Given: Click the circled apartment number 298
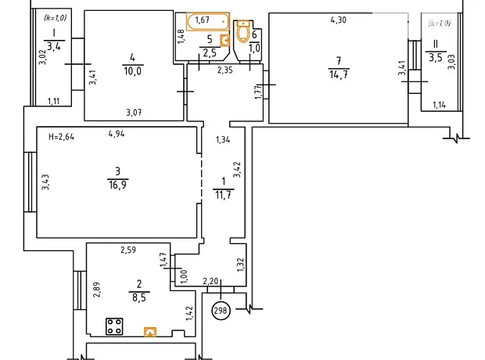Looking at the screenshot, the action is point(221,310).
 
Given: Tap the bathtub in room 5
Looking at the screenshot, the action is point(208,21).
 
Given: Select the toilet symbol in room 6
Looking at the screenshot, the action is point(243,31).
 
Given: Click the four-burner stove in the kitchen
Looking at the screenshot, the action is point(114,326).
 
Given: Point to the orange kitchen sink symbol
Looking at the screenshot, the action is point(150,332).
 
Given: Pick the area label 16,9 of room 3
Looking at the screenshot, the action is point(117,185).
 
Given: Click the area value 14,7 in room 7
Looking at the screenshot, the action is point(339,74).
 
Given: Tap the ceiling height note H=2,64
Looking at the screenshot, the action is point(62,136).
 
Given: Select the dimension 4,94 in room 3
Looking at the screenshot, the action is point(117,134).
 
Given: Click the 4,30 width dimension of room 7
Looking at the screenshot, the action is point(339,20).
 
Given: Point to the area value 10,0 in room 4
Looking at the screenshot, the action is point(133,71).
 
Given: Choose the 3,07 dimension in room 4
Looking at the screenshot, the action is point(134,112).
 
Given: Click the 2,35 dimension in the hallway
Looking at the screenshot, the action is point(225,70).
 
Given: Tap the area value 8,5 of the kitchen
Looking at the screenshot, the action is point(139,297).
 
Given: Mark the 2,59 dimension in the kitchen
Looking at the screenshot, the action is point(128,250).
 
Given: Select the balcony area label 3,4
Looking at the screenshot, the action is point(54,47).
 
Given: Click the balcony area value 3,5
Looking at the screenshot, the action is point(436,58).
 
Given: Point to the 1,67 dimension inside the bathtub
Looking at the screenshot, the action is point(203,20).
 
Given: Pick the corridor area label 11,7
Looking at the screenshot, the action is point(223,195).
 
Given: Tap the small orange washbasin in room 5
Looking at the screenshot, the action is point(225,41).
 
